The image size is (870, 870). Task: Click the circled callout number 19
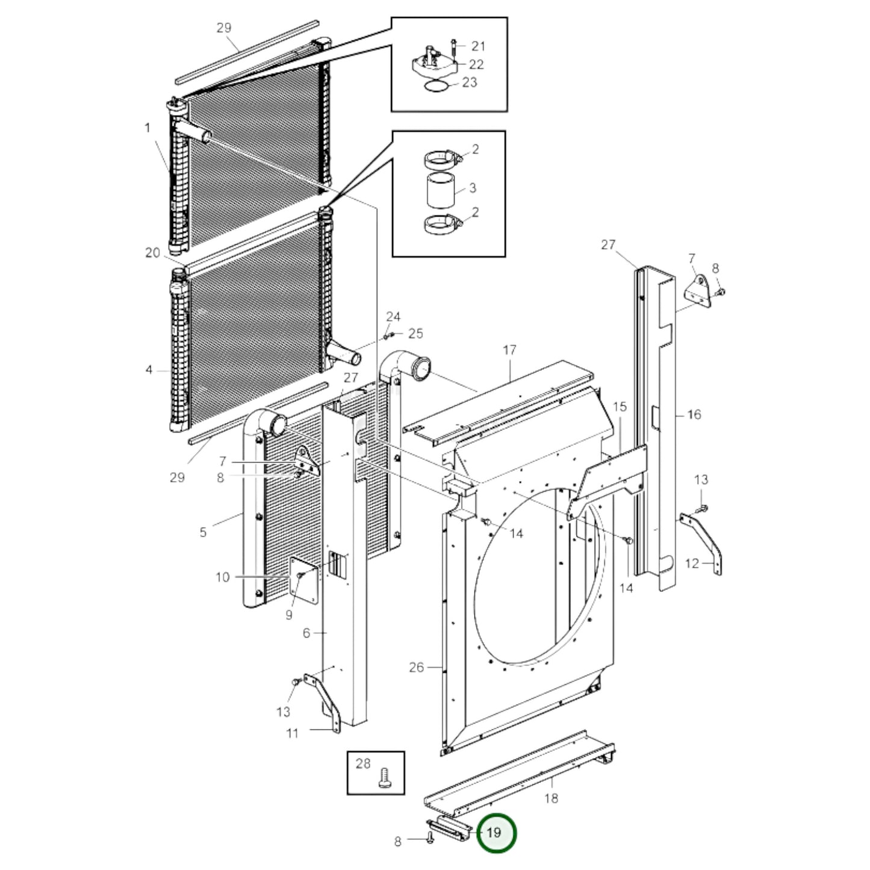tap(496, 833)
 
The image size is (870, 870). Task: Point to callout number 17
tap(510, 349)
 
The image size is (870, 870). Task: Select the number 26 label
tap(417, 667)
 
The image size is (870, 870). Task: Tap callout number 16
tap(694, 414)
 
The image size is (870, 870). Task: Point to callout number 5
tap(203, 532)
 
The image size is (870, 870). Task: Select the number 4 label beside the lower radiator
tap(149, 370)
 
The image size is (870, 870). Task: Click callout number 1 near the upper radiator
tap(147, 128)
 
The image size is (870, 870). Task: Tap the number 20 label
tap(152, 253)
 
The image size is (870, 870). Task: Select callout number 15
tap(620, 406)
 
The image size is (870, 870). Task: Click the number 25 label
tap(415, 333)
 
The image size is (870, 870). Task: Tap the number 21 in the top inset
tap(478, 46)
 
